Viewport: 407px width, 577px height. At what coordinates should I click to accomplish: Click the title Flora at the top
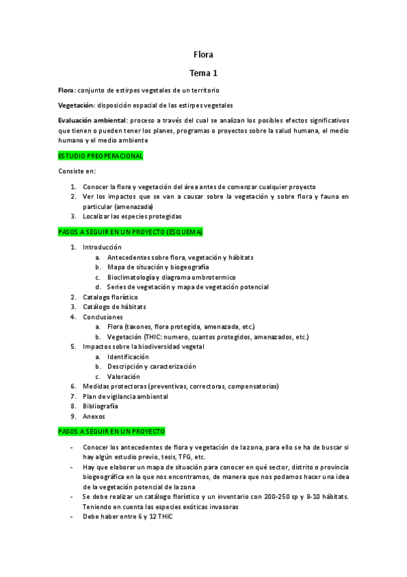tap(203, 54)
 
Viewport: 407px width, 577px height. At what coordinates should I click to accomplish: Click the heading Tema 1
tap(203, 72)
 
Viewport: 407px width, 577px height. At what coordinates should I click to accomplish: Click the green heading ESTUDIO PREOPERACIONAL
tap(101, 156)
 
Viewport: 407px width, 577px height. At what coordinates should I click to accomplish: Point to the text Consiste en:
tap(77, 171)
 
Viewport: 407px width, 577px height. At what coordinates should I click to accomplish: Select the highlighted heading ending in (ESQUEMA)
tap(130, 232)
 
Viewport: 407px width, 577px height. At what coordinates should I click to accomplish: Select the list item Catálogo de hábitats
tap(114, 307)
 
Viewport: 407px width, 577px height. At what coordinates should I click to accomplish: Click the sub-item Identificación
tap(128, 357)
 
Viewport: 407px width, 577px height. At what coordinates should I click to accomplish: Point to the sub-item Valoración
tap(123, 376)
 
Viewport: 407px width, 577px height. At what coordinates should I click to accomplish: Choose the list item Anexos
tap(94, 416)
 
